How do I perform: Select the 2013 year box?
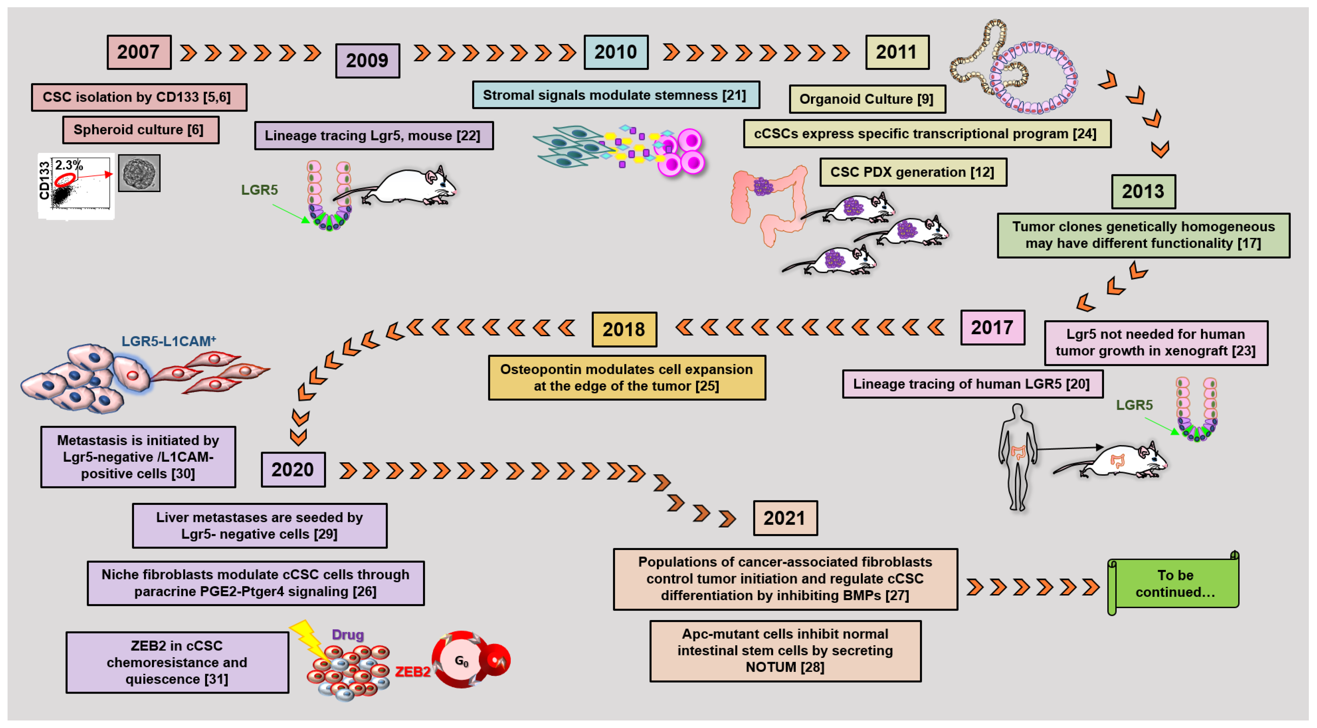point(1143,191)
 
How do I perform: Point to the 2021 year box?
point(785,518)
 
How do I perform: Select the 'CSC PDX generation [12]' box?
point(913,172)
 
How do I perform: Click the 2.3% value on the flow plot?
point(68,165)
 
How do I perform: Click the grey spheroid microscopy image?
point(139,173)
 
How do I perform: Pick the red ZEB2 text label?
point(412,671)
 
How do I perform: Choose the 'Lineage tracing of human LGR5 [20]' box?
point(972,384)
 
